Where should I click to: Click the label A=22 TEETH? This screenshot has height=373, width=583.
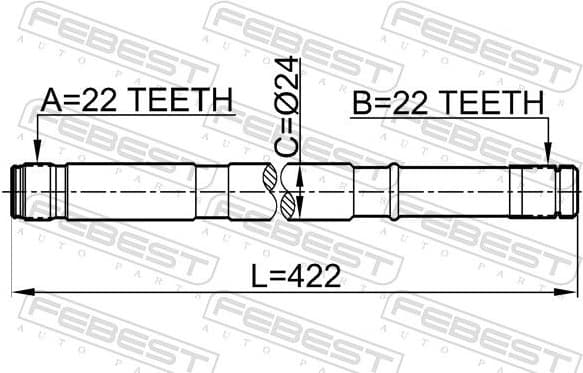coord(136,100)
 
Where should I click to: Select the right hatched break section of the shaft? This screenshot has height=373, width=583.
coord(291,190)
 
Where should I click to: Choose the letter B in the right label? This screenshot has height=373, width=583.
coord(360,102)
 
